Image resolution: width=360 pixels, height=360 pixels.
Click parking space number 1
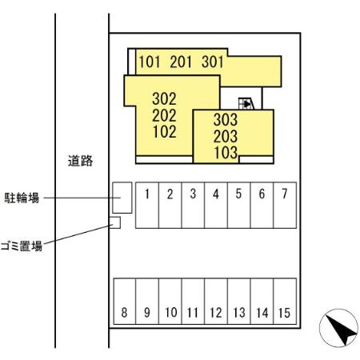click(147, 204)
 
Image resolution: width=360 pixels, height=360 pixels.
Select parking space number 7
click(284, 204)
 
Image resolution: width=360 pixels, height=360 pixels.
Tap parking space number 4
click(216, 204)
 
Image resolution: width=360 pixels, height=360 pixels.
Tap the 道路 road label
click(80, 161)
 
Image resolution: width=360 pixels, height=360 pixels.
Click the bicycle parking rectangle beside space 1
click(122, 197)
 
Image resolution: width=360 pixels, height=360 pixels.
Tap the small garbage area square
click(114, 222)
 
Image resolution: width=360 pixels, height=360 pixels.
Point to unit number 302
click(163, 99)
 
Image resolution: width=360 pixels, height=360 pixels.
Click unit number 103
click(226, 152)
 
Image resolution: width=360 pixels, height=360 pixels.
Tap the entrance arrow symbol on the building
click(246, 102)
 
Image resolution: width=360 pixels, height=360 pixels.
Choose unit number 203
click(226, 136)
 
